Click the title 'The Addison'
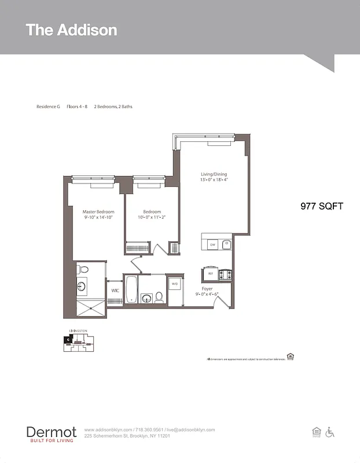point(71,30)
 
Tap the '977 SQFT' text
point(322,205)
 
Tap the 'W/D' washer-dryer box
point(174,284)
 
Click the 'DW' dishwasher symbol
point(212,245)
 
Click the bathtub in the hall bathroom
point(131,289)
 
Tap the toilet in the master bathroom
point(83,269)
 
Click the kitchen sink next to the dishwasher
point(226,244)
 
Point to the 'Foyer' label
point(207,288)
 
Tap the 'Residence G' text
point(48,107)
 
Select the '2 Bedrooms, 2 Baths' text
point(113,107)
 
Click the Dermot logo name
point(51,432)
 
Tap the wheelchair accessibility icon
point(330,432)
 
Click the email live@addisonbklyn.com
point(190,430)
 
